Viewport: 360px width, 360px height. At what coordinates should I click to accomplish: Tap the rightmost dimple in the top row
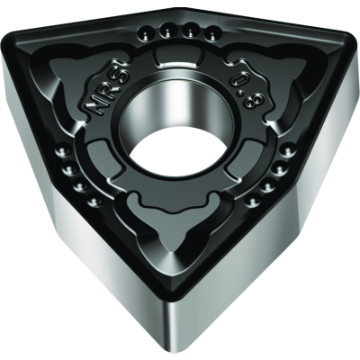212,36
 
